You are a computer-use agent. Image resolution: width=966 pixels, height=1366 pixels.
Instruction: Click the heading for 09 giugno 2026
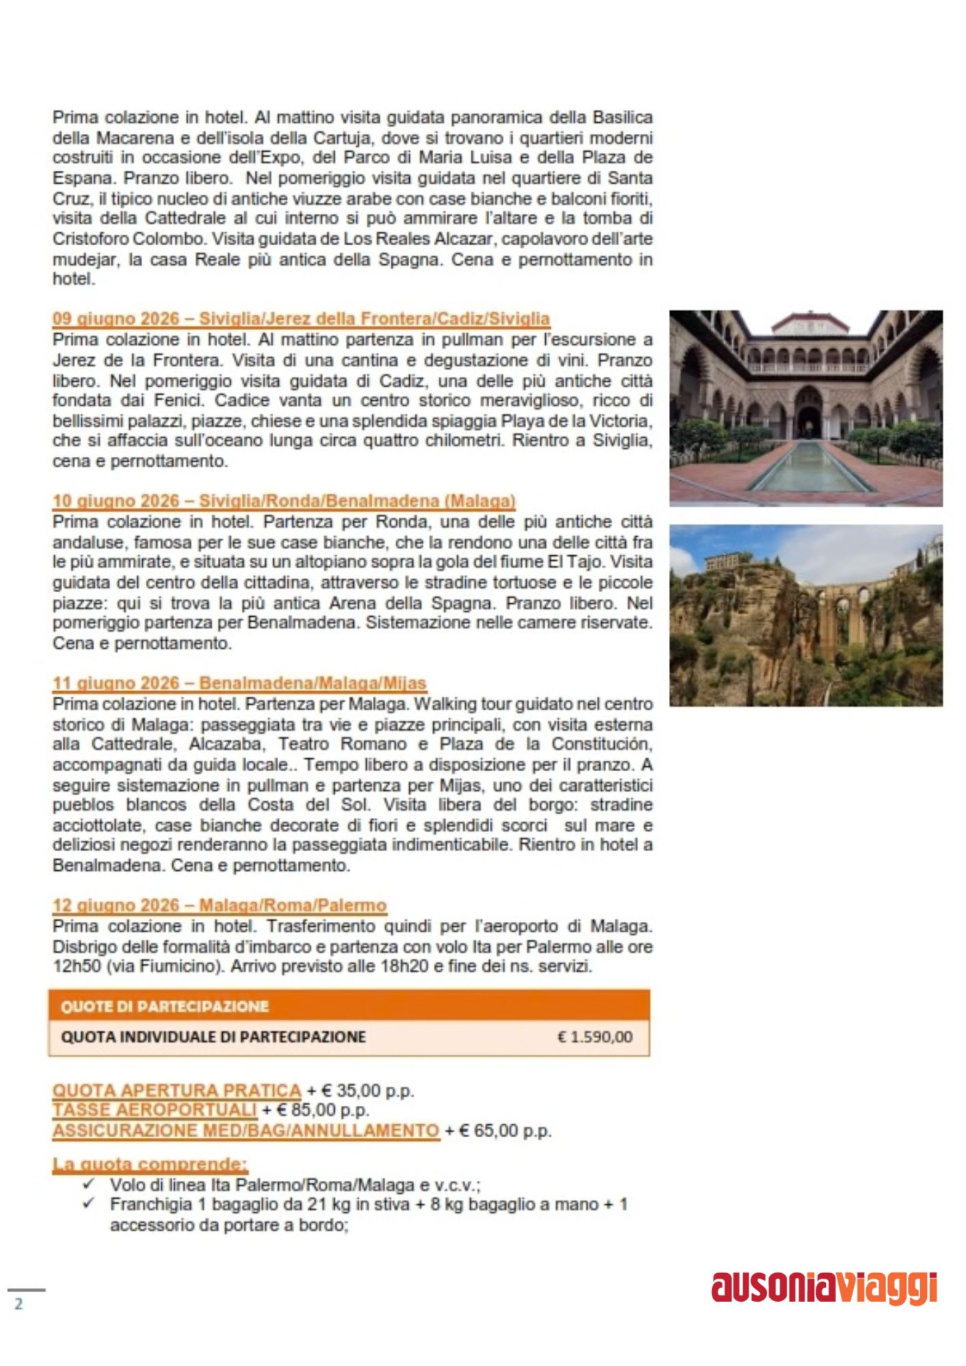tap(301, 319)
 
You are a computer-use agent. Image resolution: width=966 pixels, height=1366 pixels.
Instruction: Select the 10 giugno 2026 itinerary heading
tap(284, 501)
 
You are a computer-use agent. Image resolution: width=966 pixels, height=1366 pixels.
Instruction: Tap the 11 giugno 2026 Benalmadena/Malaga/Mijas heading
tap(239, 683)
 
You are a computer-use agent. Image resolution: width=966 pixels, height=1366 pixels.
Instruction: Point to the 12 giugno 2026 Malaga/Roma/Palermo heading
tap(219, 906)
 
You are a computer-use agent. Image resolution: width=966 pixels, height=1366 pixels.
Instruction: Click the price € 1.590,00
tap(594, 1037)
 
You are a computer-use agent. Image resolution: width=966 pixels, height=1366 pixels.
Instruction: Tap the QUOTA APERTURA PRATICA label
tap(176, 1091)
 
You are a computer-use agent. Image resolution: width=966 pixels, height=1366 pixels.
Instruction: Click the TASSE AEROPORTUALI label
tap(154, 1111)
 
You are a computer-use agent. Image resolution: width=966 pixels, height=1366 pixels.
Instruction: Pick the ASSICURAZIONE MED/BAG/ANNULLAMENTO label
tap(245, 1131)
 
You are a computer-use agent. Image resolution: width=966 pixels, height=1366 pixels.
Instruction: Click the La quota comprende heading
tap(150, 1164)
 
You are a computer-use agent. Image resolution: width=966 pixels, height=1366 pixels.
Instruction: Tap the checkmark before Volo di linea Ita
tap(87, 1184)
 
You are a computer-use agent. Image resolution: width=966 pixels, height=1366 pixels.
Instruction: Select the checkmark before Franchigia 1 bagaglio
tap(87, 1203)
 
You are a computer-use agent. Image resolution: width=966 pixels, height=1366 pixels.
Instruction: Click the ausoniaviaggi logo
tap(824, 1288)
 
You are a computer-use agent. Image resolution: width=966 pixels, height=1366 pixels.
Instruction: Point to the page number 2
tap(18, 1303)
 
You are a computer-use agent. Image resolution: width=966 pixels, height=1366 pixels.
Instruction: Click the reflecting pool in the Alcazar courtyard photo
tap(811, 467)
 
